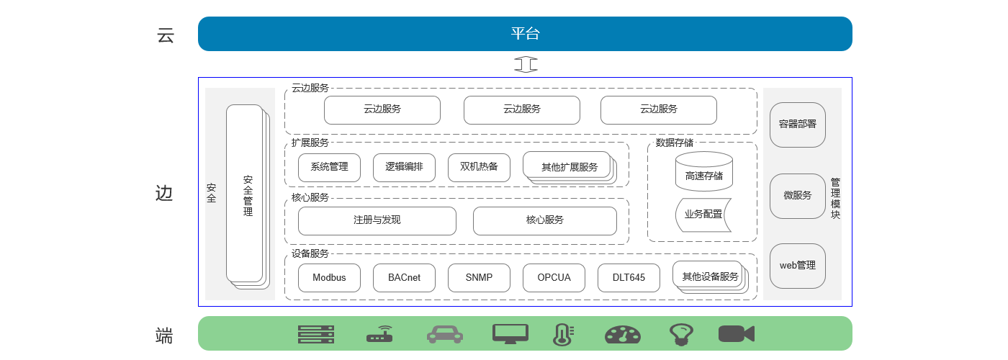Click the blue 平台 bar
[525, 34]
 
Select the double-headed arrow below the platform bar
[526, 64]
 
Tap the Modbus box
[329, 278]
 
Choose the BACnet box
[404, 278]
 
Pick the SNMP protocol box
[479, 278]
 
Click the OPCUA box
[554, 278]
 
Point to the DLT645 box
[629, 278]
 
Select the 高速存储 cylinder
[704, 173]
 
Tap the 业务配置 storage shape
[703, 215]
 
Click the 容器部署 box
[797, 125]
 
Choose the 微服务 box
[797, 196]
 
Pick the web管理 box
[797, 266]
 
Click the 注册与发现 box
[377, 220]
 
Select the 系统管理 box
[329, 168]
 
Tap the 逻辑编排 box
[404, 168]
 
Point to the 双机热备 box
[479, 168]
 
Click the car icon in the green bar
[445, 334]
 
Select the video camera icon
[736, 333]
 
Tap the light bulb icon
[680, 333]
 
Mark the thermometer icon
[562, 334]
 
